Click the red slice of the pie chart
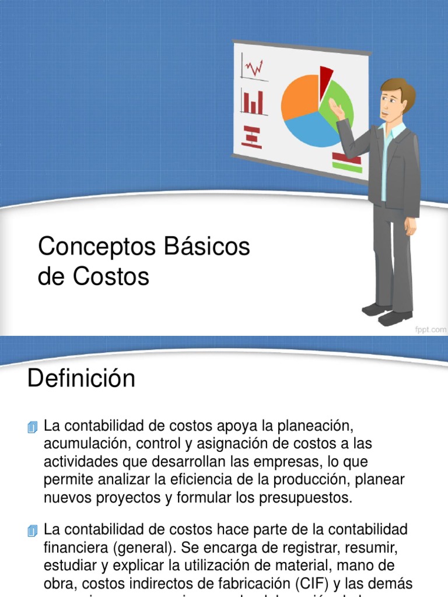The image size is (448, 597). pyautogui.click(x=325, y=76)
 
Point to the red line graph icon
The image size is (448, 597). pyautogui.click(x=254, y=68)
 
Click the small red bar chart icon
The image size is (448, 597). pyautogui.click(x=253, y=103)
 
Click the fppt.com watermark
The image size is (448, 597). pyautogui.click(x=430, y=329)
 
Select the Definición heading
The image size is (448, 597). pyautogui.click(x=81, y=380)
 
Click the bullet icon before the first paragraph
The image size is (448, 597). pyautogui.click(x=33, y=427)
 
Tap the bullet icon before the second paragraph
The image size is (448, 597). pyautogui.click(x=33, y=531)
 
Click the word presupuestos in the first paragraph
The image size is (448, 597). pyautogui.click(x=300, y=497)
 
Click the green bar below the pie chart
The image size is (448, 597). pyautogui.click(x=346, y=166)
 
